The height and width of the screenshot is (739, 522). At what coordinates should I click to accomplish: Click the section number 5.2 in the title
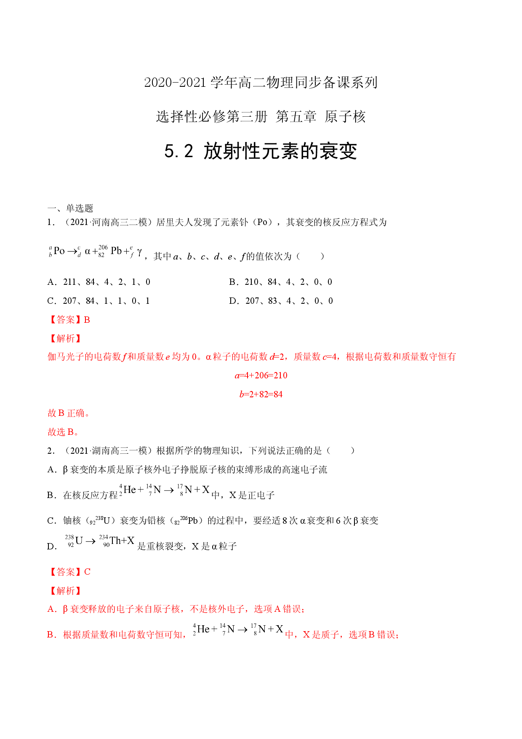pos(179,151)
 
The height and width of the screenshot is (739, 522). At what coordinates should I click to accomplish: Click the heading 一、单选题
pos(70,208)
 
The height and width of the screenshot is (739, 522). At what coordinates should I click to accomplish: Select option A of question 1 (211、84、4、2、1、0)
pos(99,282)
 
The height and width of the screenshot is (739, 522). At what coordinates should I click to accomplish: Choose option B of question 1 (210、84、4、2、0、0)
pos(281,282)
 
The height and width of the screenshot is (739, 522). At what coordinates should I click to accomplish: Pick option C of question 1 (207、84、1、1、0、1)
pos(99,301)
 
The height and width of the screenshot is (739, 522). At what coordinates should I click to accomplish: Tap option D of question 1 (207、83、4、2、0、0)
pos(281,301)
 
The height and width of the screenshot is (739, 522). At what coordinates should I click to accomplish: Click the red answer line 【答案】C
pos(69,572)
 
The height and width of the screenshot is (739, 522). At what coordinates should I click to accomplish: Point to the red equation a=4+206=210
pos(261,375)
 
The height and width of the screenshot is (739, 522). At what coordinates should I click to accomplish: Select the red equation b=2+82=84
pos(261,394)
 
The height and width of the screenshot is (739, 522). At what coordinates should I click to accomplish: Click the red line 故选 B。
pos(63,432)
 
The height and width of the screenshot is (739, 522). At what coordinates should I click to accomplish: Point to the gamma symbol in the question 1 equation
pos(139,252)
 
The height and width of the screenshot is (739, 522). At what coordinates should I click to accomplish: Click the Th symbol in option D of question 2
pos(115,541)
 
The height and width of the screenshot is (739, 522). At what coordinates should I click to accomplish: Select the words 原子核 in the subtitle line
pos(345,117)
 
